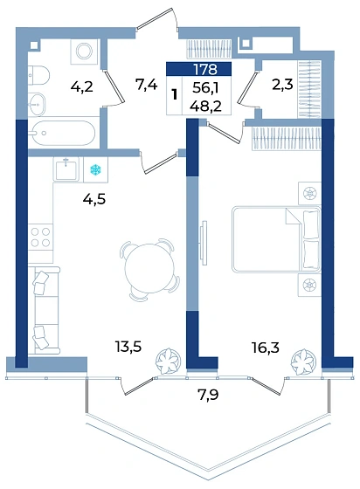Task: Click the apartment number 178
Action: point(205,69)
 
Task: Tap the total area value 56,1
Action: point(205,88)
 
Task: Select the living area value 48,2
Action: point(205,107)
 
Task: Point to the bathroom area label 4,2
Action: point(82,86)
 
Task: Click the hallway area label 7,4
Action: point(146,84)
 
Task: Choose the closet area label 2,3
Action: point(282,85)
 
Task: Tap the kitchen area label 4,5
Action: point(94,199)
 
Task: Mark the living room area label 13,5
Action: point(128,346)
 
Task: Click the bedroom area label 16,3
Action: point(266,348)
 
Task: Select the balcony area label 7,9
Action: point(208,395)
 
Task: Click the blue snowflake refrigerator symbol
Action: point(96,169)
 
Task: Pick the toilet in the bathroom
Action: point(38,75)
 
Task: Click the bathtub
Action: point(63,133)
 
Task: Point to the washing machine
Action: point(84,52)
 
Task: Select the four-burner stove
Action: point(40,237)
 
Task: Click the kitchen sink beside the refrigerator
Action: point(66,169)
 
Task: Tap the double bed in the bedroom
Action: point(276,239)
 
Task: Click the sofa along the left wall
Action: point(44,310)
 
